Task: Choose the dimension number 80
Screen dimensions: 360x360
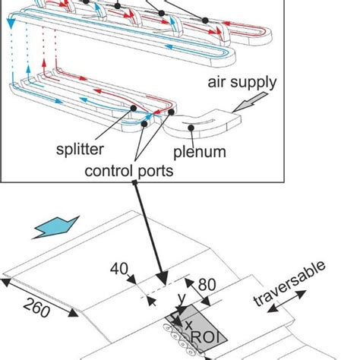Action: coord(207,285)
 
